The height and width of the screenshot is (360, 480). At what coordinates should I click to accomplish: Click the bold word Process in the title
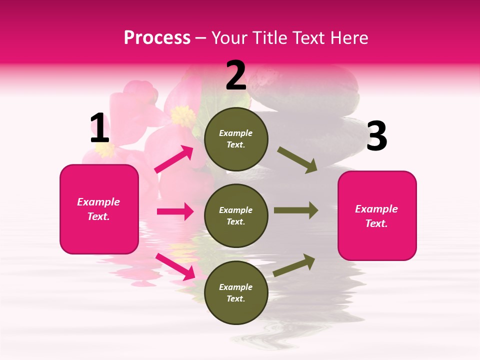[x=157, y=38]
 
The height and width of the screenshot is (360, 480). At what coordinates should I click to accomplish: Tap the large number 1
[x=99, y=128]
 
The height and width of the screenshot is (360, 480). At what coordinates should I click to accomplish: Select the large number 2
[x=236, y=75]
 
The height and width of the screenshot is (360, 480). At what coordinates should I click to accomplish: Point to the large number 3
[x=376, y=136]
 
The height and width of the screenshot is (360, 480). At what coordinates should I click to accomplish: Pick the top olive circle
[x=236, y=139]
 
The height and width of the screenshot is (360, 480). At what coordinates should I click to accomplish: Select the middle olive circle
[x=236, y=215]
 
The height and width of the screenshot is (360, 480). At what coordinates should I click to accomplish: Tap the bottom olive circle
[x=236, y=292]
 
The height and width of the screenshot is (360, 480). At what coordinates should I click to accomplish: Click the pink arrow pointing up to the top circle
[x=174, y=159]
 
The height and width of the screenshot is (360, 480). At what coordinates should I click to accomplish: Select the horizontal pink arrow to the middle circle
[x=175, y=211]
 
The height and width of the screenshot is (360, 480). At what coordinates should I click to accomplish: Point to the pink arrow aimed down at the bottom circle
[x=175, y=266]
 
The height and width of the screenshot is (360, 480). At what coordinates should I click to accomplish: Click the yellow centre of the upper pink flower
[x=183, y=116]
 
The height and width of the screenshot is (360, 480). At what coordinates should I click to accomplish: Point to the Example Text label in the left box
[x=98, y=209]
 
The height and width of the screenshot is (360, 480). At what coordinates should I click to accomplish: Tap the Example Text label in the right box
[x=376, y=216]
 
